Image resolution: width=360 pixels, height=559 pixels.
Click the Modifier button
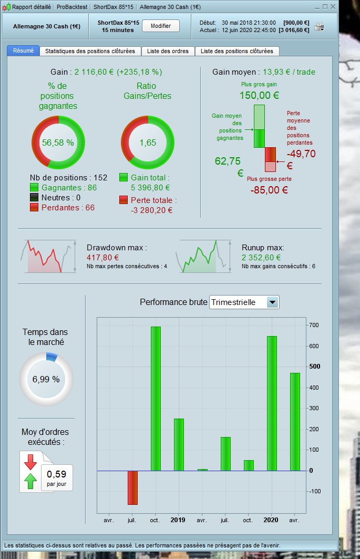(160, 26)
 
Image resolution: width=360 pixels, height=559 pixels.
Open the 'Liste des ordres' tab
(168, 51)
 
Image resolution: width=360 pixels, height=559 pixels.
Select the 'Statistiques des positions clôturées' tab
(90, 51)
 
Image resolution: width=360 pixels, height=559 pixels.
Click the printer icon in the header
(319, 26)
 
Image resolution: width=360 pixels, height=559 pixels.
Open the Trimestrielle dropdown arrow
(273, 302)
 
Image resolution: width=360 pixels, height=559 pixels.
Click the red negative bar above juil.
(132, 487)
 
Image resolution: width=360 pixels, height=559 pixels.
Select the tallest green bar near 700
(156, 399)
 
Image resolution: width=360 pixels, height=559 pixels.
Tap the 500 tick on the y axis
(315, 367)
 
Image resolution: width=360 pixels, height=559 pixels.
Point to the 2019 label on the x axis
(178, 520)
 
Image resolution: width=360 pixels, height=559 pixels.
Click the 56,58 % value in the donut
(58, 143)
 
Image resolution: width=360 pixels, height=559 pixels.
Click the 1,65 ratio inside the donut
(148, 143)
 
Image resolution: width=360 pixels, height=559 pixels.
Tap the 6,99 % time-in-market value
(46, 379)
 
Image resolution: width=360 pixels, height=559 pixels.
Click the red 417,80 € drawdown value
(102, 257)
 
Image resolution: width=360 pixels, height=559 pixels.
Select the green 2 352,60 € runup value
(261, 257)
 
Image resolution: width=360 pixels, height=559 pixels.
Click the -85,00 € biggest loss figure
(269, 190)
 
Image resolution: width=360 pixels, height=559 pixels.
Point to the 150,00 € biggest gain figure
(259, 95)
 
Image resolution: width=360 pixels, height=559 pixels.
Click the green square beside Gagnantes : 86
(34, 188)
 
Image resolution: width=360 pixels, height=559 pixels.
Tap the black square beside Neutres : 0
(34, 198)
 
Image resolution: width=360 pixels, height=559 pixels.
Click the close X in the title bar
(333, 7)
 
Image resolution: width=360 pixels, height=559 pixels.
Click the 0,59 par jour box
(57, 477)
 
